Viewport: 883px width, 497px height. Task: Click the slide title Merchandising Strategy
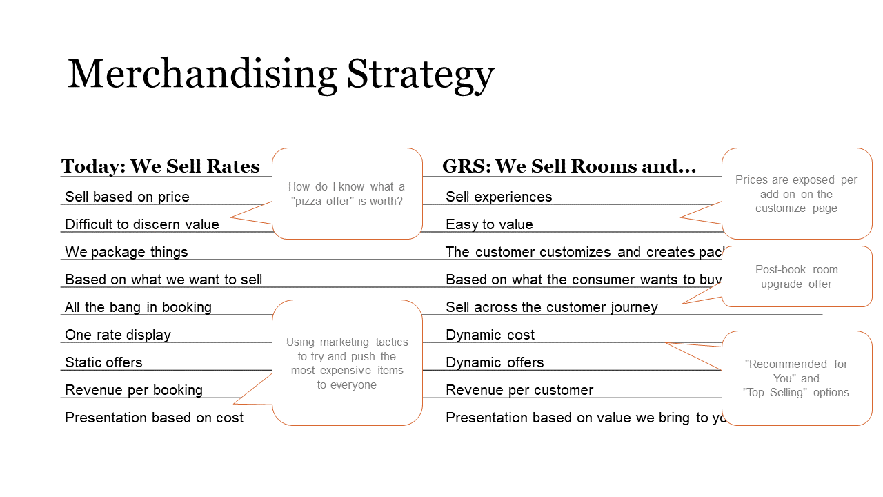[x=281, y=75]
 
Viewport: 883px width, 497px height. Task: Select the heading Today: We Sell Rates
[x=160, y=166]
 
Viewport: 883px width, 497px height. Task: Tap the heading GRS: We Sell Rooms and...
[x=568, y=166]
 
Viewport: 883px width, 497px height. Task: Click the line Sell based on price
[x=127, y=197]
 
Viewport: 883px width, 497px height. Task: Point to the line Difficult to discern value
[x=141, y=224]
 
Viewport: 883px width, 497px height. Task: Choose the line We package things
[x=126, y=252]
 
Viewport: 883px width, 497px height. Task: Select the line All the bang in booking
[x=138, y=307]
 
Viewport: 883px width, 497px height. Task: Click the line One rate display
[x=118, y=335]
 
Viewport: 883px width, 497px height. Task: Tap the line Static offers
[x=103, y=362]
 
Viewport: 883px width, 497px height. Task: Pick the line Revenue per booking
[x=134, y=390]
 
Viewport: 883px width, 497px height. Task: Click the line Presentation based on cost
[x=154, y=418]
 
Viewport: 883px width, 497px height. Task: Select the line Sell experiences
[x=499, y=197]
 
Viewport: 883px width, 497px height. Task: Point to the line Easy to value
[x=489, y=224]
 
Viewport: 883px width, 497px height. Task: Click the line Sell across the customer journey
[x=552, y=307]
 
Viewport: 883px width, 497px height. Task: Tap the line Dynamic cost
[x=490, y=335]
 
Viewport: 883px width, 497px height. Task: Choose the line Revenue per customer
[x=519, y=390]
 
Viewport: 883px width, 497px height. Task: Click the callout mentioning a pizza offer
[x=347, y=194]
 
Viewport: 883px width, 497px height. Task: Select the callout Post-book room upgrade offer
[x=797, y=277]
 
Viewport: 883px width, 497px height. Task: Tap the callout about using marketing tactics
[x=347, y=363]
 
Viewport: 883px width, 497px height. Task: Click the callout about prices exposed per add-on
[x=797, y=194]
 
